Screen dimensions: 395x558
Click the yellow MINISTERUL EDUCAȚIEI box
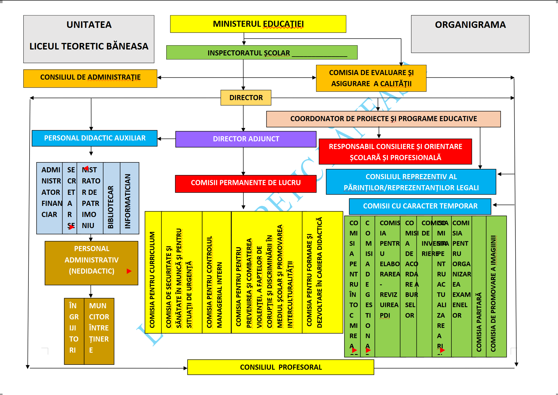[258, 24]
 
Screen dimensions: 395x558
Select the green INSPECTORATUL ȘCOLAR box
[262, 53]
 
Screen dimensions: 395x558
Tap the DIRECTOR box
[246, 98]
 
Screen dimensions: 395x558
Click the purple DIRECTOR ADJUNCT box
[246, 139]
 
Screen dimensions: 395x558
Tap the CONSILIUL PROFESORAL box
[281, 367]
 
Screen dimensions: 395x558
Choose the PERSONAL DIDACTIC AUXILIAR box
[94, 138]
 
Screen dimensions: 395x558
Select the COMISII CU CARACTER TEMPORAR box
[420, 206]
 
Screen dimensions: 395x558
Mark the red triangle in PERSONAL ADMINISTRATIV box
[129, 271]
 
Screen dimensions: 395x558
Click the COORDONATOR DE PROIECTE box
[383, 119]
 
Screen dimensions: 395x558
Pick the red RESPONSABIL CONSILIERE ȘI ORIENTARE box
[395, 152]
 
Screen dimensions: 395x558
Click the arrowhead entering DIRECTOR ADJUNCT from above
[243, 129]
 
